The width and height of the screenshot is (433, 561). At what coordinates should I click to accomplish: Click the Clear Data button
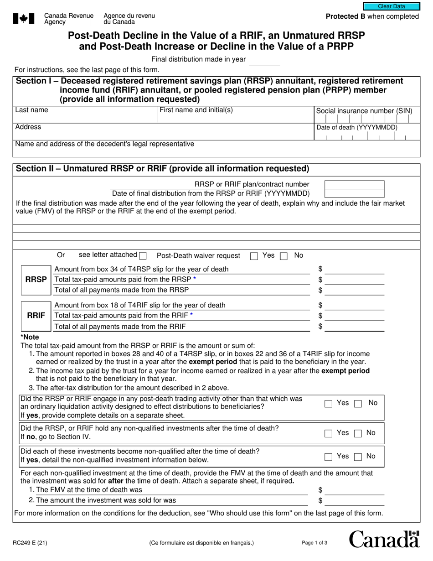tap(391, 6)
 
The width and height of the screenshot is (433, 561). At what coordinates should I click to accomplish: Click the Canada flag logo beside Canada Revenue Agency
tap(21, 18)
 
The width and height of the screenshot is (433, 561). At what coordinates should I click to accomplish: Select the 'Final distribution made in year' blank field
tap(264, 60)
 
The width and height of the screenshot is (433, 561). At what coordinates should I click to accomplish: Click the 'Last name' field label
tap(31, 110)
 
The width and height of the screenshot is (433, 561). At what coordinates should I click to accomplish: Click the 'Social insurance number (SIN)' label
tap(364, 111)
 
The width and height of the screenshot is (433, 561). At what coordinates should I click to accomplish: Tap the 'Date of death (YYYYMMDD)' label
tap(357, 127)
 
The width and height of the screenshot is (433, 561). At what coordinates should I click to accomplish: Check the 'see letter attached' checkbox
tap(143, 255)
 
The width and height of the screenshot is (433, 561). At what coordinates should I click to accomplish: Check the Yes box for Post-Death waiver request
tap(254, 256)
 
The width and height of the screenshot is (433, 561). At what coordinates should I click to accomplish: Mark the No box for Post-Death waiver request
tap(284, 256)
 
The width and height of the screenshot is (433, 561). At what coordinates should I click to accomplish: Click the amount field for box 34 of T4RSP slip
tap(354, 269)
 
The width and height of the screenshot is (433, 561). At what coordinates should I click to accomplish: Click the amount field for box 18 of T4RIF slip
tap(354, 305)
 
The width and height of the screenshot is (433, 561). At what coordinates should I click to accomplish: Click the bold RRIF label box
tap(36, 315)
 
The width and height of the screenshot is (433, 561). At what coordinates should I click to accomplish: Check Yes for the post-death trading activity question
tap(328, 404)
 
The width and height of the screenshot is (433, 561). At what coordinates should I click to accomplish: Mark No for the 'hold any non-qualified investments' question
tap(358, 433)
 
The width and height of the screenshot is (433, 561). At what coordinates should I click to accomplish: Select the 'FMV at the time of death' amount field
tap(354, 490)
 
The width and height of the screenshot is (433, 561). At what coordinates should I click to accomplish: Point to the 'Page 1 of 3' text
tap(314, 543)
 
